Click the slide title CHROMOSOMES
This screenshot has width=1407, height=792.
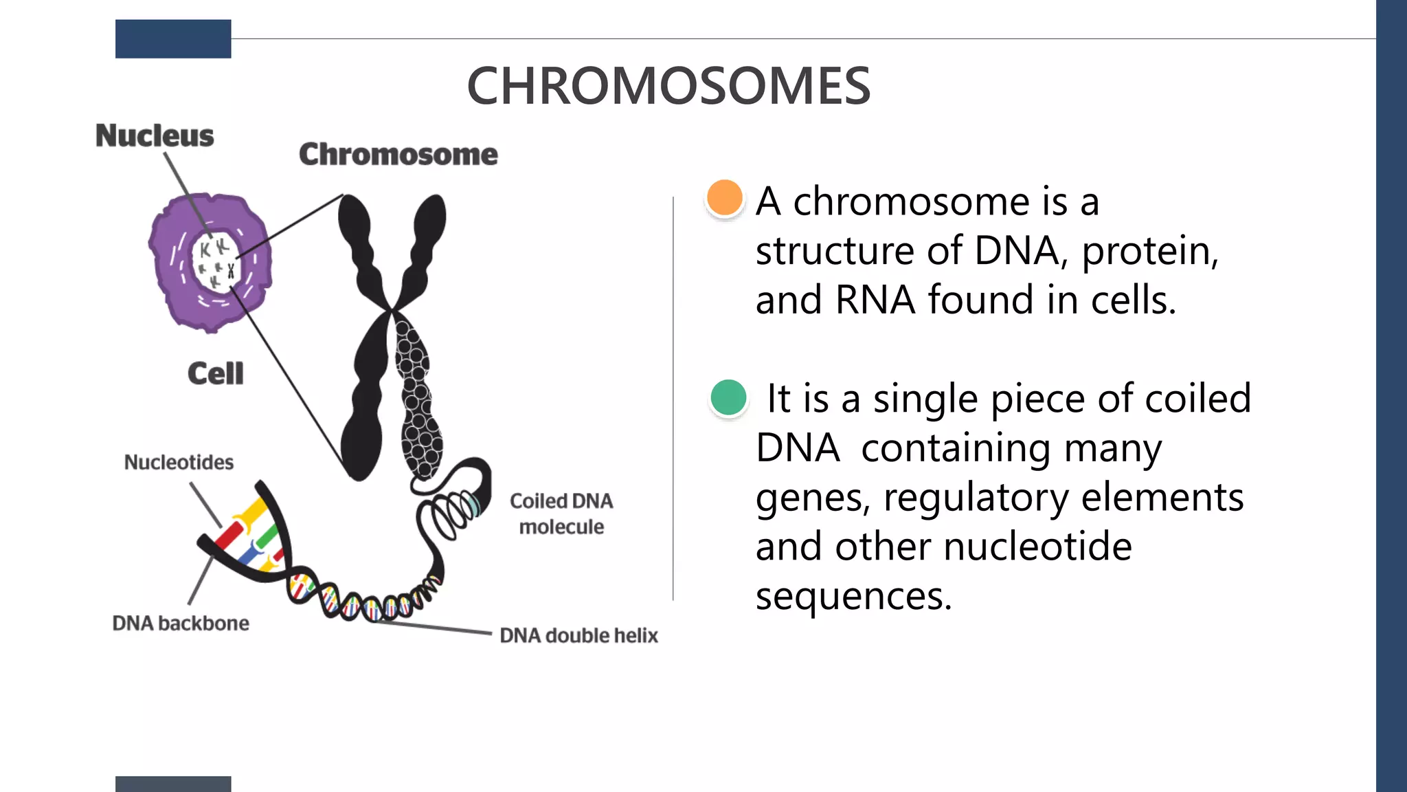tap(668, 86)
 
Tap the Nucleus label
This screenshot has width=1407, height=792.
tap(155, 135)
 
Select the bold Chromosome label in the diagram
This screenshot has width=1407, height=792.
tap(398, 154)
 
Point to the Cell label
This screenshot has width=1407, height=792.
tap(215, 373)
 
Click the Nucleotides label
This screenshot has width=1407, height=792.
tap(179, 462)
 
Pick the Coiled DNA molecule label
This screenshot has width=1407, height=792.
tap(561, 514)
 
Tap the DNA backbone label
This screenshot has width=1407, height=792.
tap(181, 623)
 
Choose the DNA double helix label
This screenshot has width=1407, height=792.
tap(578, 635)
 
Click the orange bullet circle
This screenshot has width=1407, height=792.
tap(725, 198)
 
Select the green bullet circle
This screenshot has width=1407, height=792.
tap(728, 397)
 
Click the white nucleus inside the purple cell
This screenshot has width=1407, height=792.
tap(216, 262)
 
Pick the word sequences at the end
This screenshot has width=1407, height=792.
tap(853, 595)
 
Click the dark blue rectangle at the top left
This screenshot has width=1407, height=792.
tap(173, 38)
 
